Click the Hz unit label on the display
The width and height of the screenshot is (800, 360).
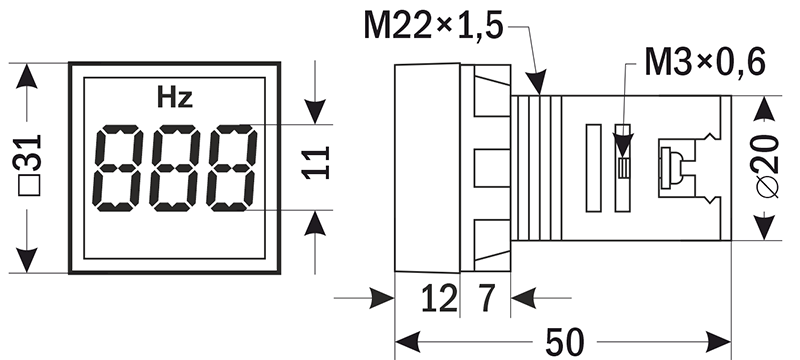click(x=174, y=98)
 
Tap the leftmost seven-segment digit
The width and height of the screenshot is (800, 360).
click(x=118, y=168)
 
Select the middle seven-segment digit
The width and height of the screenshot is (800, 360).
click(x=175, y=168)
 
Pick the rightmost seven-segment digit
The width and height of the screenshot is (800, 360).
click(x=232, y=168)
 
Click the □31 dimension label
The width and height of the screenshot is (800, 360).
click(x=30, y=165)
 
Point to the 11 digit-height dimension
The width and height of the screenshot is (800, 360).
click(x=316, y=163)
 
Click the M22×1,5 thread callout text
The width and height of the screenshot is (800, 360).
click(x=433, y=25)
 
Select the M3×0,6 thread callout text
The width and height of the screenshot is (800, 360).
click(x=705, y=62)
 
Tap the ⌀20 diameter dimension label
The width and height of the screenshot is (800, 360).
click(x=767, y=166)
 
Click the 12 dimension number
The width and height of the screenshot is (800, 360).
click(x=439, y=299)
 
